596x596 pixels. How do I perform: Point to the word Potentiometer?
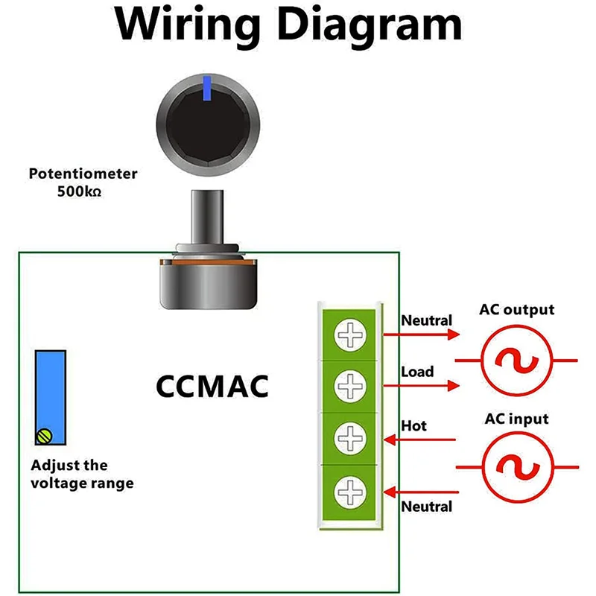click(83, 174)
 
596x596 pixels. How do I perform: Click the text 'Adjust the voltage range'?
click(82, 475)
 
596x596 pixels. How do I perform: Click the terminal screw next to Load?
click(348, 385)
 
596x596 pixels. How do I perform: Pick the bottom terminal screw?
click(348, 491)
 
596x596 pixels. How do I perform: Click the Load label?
click(417, 371)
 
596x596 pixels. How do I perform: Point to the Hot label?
click(414, 425)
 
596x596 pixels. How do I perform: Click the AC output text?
click(517, 309)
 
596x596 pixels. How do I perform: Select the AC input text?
click(517, 419)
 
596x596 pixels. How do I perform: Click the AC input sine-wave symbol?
click(516, 467)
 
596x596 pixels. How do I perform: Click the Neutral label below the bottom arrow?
click(427, 507)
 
